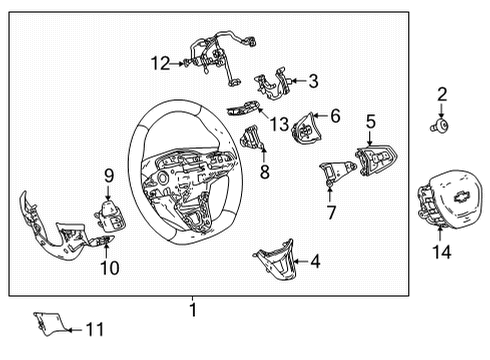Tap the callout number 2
click(441, 95)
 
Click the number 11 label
click(94, 328)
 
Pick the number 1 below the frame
click(193, 311)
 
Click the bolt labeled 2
click(439, 128)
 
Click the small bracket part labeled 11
click(46, 322)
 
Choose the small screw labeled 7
click(328, 188)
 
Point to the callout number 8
click(264, 171)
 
